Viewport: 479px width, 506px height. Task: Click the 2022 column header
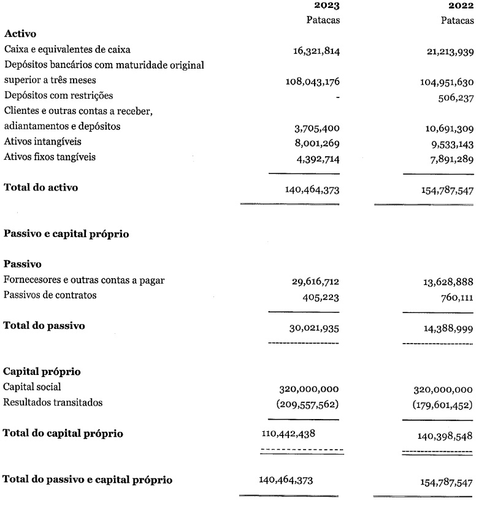pyautogui.click(x=461, y=6)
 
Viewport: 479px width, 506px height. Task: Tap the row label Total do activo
pyautogui.click(x=41, y=187)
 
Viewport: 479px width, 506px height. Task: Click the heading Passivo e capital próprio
pyautogui.click(x=66, y=234)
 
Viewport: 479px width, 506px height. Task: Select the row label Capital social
pyautogui.click(x=32, y=387)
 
